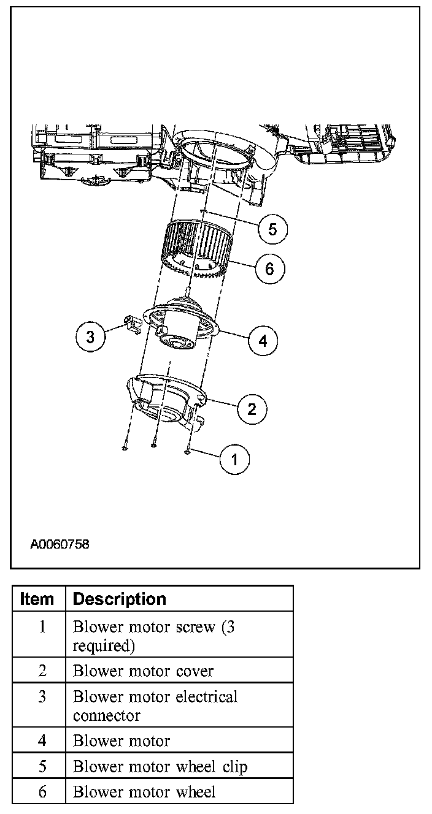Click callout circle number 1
pyautogui.click(x=234, y=458)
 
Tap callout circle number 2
pyautogui.click(x=252, y=409)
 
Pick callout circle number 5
pyautogui.click(x=272, y=230)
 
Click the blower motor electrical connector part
pyautogui.click(x=130, y=323)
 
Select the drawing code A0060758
pyautogui.click(x=60, y=543)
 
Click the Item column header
pyautogui.click(x=37, y=599)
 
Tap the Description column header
pyautogui.click(x=120, y=599)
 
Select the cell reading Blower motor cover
pyautogui.click(x=143, y=671)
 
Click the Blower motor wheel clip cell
pyautogui.click(x=160, y=766)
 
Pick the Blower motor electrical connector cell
pyautogui.click(x=155, y=706)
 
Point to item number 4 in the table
pyautogui.click(x=42, y=740)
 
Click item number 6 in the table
pyautogui.click(x=42, y=791)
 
